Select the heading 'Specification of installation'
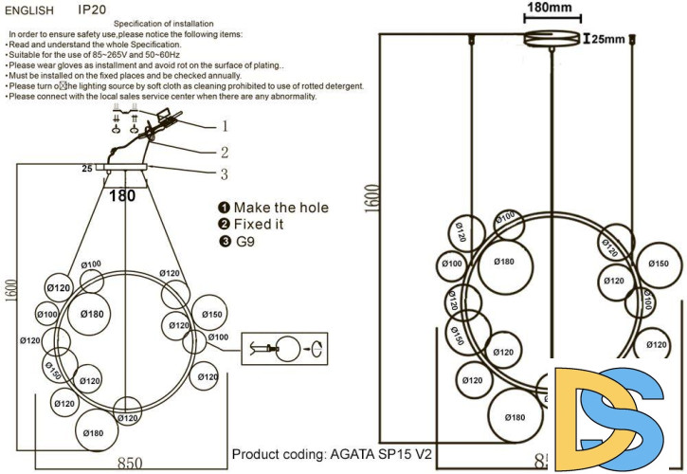163,22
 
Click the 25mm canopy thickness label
608,39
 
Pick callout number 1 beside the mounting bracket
225,125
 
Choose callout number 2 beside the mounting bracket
225,151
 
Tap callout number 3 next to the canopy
225,173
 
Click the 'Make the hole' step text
280,208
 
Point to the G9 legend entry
247,242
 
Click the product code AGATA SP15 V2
331,454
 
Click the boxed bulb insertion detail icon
285,348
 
